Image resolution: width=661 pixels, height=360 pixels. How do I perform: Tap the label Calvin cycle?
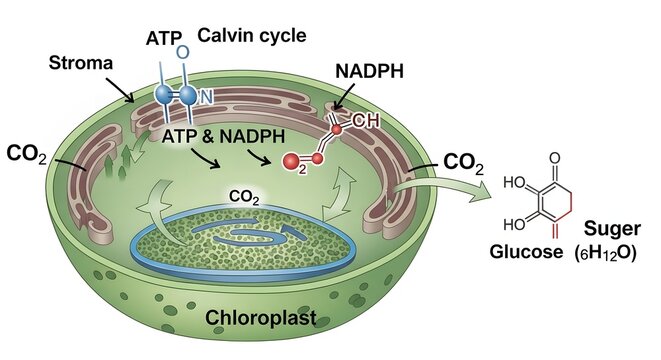pos(251,36)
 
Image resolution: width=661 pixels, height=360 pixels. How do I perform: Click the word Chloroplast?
pos(261,318)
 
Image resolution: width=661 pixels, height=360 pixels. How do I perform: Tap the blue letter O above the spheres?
pos(181,51)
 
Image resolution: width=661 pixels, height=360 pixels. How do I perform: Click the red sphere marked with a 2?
pos(293,161)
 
